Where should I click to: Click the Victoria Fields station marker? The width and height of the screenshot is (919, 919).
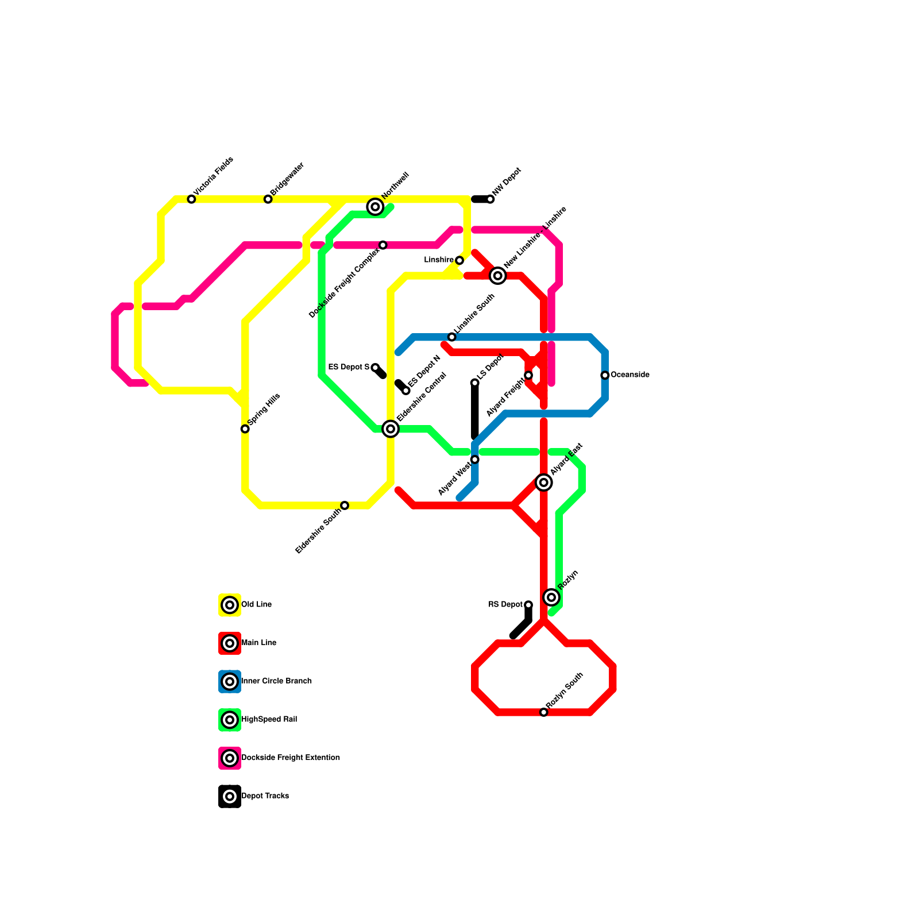click(x=191, y=199)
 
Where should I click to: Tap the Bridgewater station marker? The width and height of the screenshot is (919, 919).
click(x=268, y=199)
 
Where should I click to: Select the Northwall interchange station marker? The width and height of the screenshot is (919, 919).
click(x=375, y=207)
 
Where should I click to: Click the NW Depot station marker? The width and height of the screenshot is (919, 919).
click(x=490, y=199)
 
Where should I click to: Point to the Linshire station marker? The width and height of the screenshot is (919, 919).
click(x=459, y=261)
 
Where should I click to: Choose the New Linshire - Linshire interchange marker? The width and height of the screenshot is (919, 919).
click(x=498, y=276)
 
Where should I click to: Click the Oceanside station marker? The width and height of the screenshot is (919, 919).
click(x=605, y=375)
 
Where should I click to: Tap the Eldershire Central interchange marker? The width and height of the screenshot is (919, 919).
click(x=391, y=428)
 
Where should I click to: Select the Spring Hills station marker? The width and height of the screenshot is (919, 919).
click(x=245, y=429)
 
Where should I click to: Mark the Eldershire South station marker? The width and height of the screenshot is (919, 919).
click(x=345, y=505)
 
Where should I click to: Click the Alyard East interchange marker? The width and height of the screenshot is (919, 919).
click(x=544, y=482)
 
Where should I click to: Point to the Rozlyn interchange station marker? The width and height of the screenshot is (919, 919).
click(x=551, y=597)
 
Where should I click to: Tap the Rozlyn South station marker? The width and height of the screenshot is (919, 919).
click(x=544, y=712)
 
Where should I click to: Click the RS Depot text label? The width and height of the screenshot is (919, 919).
click(x=505, y=605)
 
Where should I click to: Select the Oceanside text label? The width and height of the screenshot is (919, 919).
click(x=630, y=375)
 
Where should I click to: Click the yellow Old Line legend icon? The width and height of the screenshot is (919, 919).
click(x=230, y=605)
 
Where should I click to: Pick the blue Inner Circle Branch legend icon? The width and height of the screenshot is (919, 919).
click(x=230, y=682)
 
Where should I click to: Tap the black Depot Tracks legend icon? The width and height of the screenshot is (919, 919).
click(x=230, y=797)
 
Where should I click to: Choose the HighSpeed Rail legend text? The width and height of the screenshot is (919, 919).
click(x=269, y=720)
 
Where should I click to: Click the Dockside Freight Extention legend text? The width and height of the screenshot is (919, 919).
click(x=291, y=758)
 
